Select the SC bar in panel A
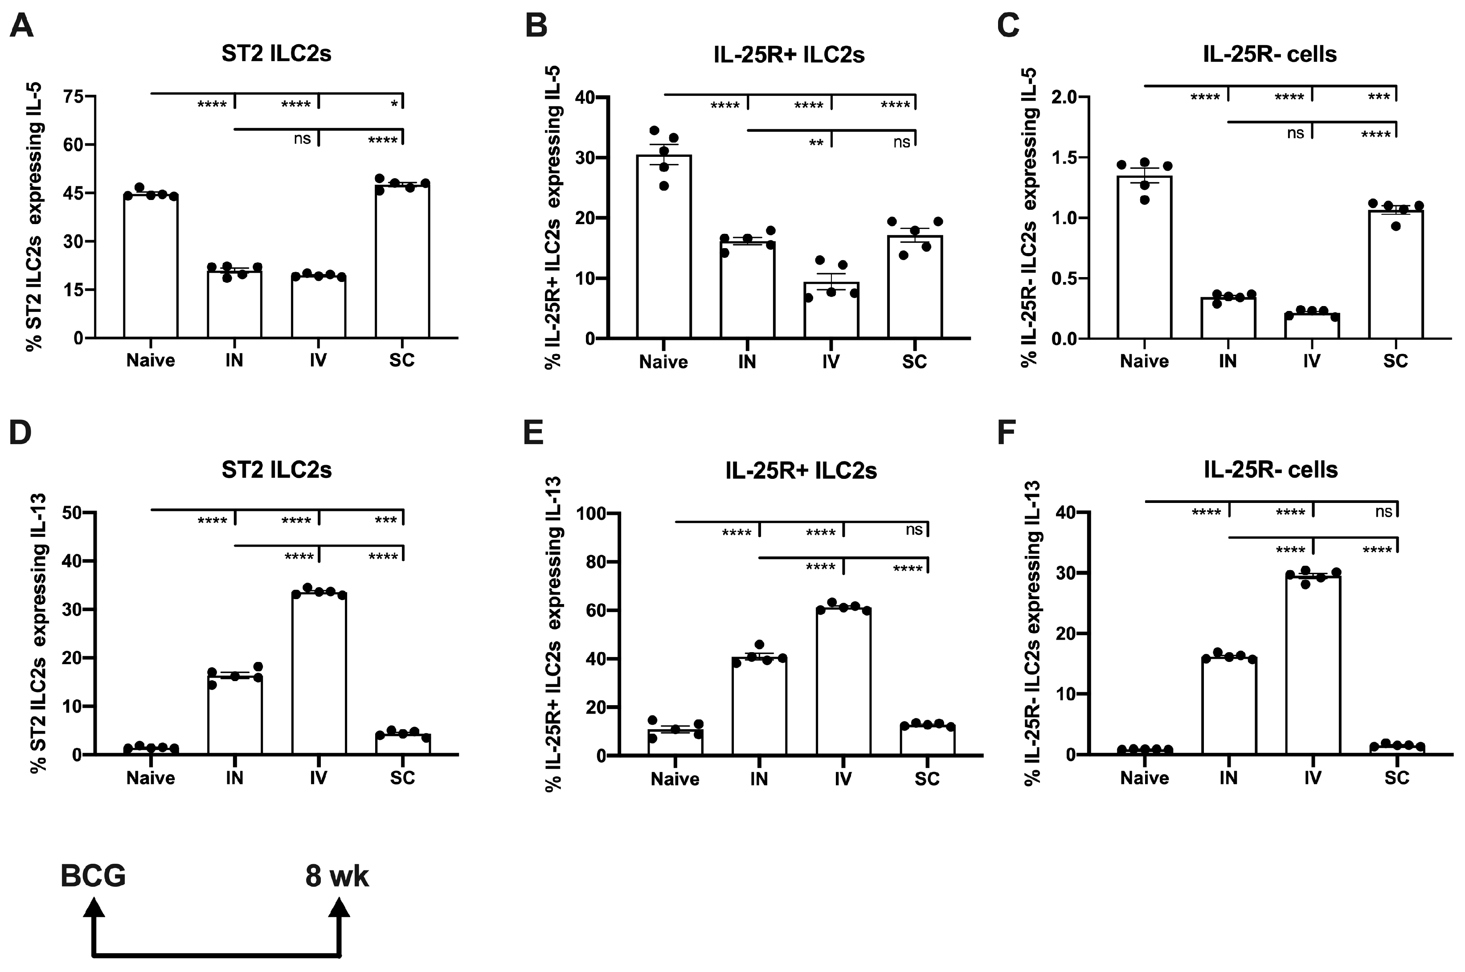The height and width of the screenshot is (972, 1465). [x=402, y=260]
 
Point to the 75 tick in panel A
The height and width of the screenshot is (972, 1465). [x=73, y=96]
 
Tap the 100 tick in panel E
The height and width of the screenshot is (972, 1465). [x=589, y=513]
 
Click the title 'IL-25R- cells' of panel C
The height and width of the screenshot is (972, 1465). [x=1270, y=54]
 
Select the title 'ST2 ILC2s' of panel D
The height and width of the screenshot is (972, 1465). [x=277, y=470]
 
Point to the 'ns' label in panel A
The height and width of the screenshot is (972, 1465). [x=302, y=138]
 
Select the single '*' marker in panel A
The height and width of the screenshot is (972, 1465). [x=394, y=104]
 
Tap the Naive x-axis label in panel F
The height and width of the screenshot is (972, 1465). [x=1145, y=778]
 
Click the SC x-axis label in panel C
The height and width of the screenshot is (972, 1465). [x=1395, y=361]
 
